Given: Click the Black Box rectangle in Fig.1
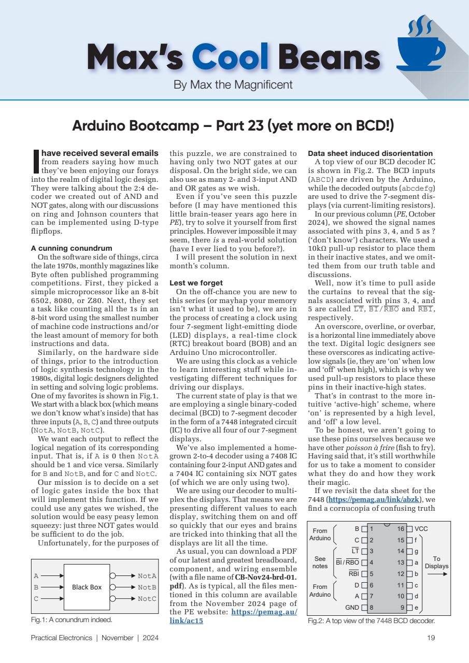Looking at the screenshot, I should pos(87,587).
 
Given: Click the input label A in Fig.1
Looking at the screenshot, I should pos(36,575).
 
